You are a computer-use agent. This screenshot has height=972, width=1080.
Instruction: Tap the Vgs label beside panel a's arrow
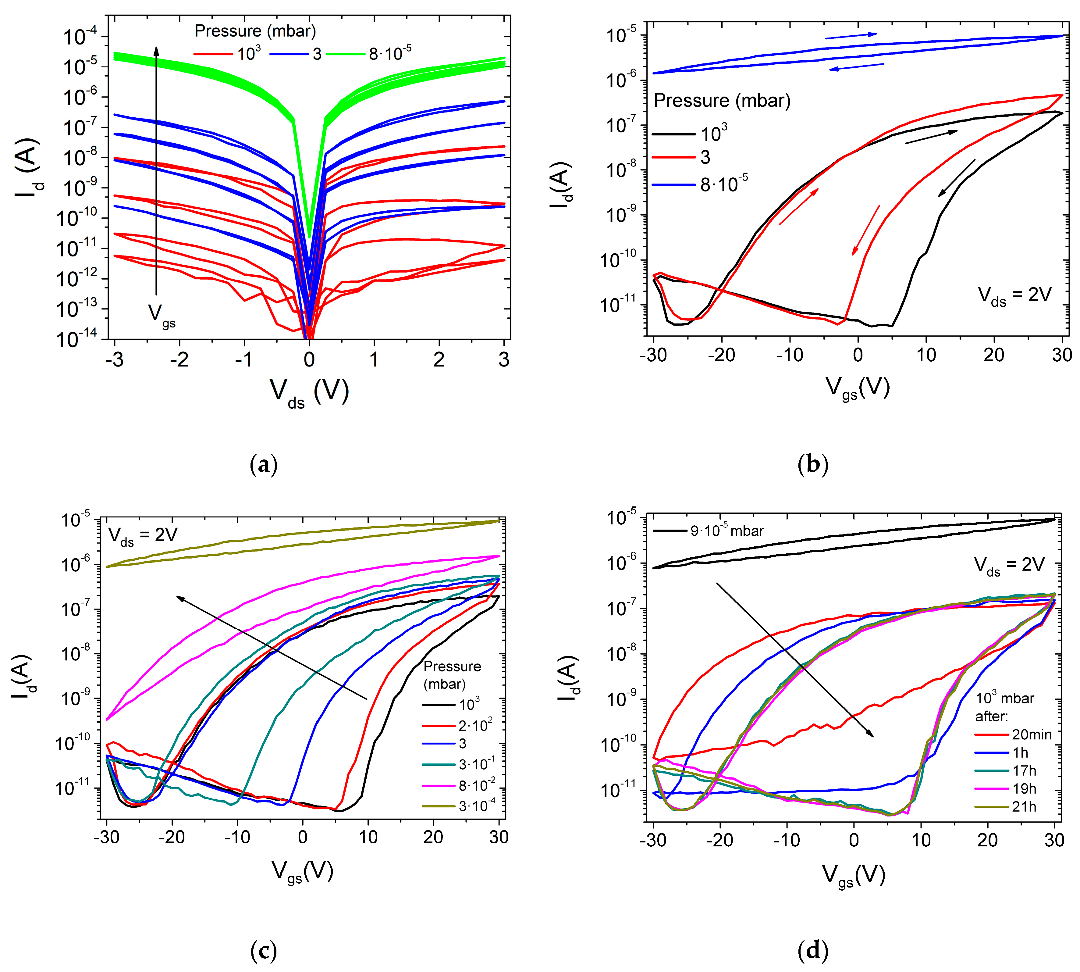click(x=161, y=315)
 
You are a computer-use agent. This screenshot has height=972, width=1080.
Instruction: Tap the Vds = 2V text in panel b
click(x=1014, y=295)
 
